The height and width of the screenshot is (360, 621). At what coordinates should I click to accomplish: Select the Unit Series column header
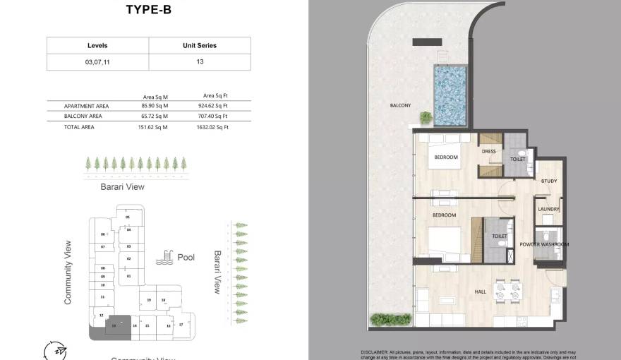click(x=200, y=45)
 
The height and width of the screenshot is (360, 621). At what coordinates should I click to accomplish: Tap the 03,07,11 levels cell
click(x=97, y=62)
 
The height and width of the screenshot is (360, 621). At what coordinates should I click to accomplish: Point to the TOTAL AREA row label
click(x=78, y=127)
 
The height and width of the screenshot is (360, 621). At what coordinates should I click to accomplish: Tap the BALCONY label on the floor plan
click(x=400, y=106)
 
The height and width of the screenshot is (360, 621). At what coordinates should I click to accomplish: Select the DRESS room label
click(x=488, y=151)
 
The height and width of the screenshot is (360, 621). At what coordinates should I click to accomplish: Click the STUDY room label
click(x=549, y=181)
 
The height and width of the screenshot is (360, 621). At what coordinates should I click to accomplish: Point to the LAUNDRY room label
click(x=548, y=209)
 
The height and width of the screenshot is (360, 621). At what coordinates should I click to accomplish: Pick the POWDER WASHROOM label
click(x=544, y=244)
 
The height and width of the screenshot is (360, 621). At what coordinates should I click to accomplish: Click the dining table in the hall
click(x=508, y=289)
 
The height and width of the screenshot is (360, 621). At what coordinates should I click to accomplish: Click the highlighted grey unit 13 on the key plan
click(x=114, y=325)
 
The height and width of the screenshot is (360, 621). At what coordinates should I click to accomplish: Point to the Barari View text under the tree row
click(x=123, y=187)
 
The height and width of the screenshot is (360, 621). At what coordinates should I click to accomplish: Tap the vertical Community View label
click(x=68, y=272)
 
